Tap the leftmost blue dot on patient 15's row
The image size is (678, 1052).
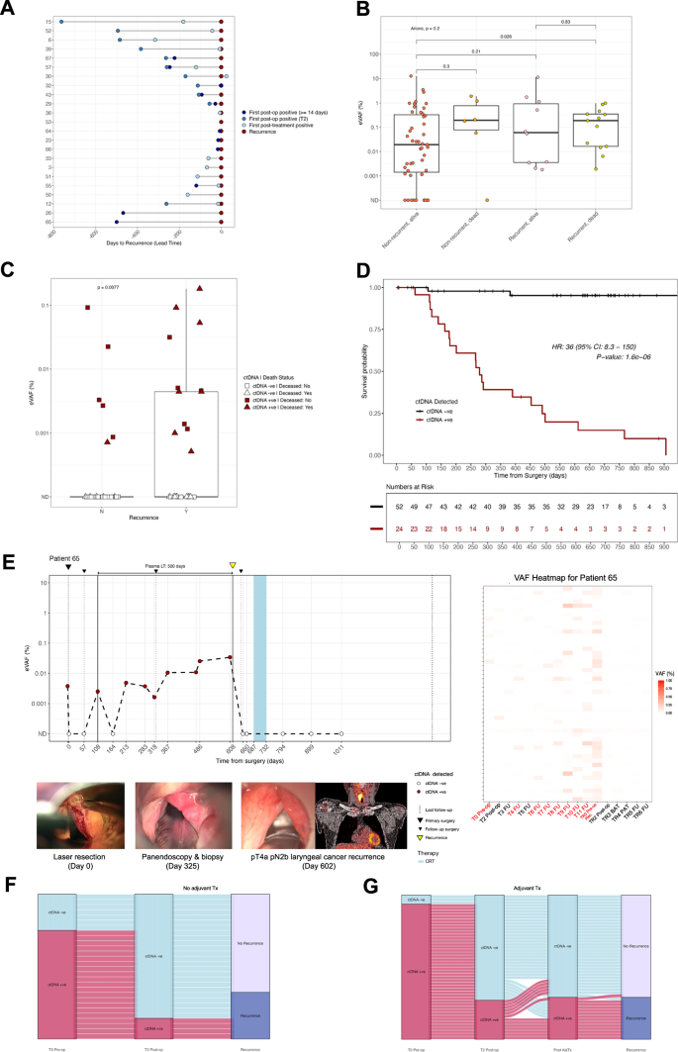pos(61,21)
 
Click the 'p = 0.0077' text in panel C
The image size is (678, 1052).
pos(107,287)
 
